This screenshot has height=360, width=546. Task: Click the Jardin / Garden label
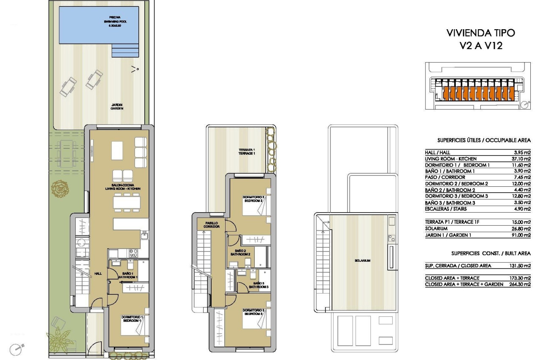[117, 106]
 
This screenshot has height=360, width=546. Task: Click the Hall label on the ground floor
[98, 273]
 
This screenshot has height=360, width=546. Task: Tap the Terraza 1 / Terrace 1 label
[246, 152]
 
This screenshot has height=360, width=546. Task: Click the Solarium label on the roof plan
[363, 260]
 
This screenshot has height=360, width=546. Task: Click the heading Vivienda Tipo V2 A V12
[481, 39]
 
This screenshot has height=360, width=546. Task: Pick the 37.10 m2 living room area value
[521, 159]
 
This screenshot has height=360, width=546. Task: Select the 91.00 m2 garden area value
[521, 235]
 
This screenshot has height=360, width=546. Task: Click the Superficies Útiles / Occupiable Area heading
[483, 140]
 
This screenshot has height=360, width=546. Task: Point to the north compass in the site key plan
[525, 104]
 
